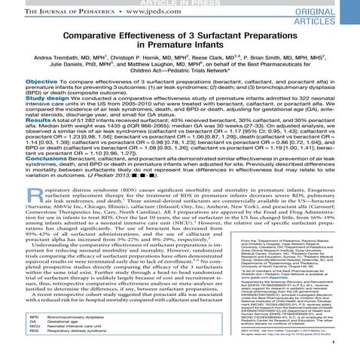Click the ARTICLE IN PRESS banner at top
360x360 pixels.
(x=180, y=3)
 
